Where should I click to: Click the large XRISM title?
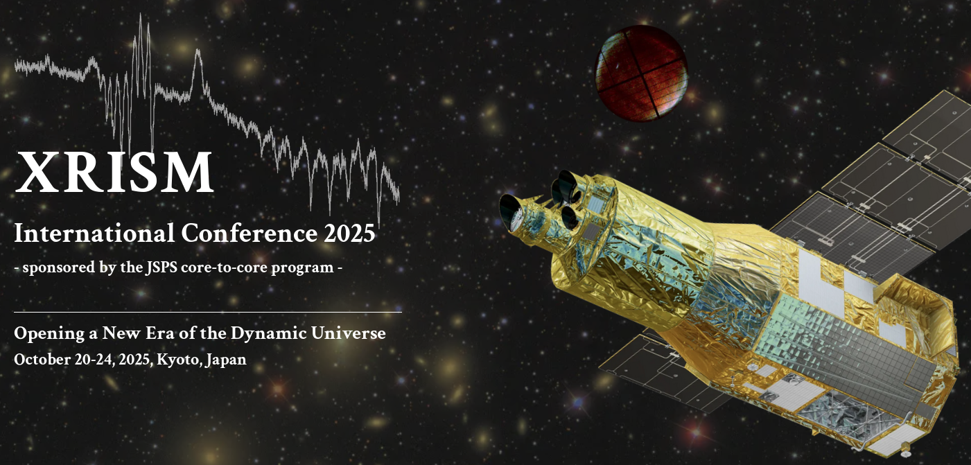point(114,172)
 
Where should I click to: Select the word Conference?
point(250,233)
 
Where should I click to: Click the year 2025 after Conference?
point(349,233)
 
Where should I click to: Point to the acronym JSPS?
point(161,267)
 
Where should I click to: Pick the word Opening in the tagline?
point(49,334)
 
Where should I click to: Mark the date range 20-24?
point(95,360)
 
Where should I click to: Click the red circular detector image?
point(641,73)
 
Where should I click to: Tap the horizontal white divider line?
point(208,312)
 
